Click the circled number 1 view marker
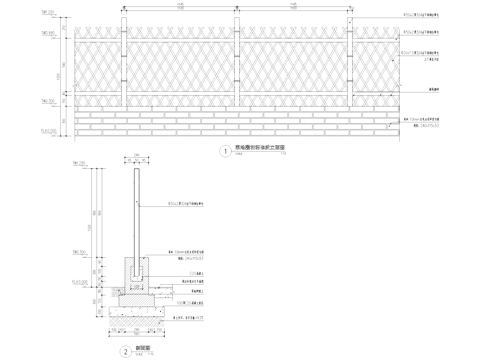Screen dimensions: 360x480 pos(224,152)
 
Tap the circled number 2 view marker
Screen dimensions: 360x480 pos(124,322)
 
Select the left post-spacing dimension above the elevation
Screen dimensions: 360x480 pos(179,9)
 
